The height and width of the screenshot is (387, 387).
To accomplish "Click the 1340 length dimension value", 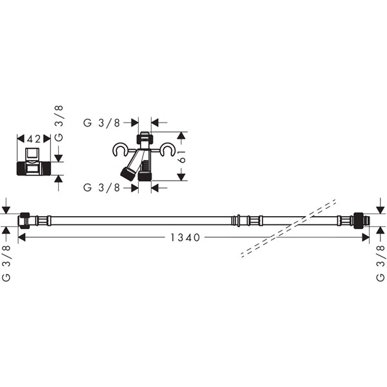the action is (185, 237).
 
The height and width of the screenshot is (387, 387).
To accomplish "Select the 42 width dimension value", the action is (34, 139).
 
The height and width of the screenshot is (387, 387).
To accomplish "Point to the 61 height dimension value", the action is (183, 156).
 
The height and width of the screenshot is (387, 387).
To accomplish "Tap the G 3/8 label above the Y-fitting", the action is (102, 123).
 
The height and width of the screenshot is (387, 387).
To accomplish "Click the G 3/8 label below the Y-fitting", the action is (102, 188).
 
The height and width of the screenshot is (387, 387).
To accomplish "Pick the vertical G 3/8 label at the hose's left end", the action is (6, 263).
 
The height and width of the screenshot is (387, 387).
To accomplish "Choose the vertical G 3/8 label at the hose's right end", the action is (381, 263).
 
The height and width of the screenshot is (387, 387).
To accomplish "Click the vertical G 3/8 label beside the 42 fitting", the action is (59, 123).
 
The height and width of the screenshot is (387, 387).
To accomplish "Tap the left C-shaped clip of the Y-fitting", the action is (120, 150).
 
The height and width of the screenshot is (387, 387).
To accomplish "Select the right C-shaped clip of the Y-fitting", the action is (167, 150).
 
